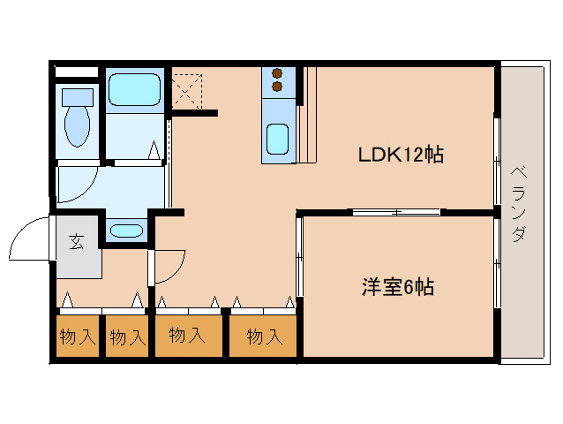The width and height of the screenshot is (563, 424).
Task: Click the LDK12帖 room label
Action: [400, 155]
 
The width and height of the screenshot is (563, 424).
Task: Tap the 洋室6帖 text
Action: [398, 287]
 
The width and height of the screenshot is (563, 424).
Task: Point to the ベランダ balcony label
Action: [520, 205]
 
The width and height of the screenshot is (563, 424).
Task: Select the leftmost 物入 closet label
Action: [77, 337]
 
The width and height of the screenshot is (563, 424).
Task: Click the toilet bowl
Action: [78, 126]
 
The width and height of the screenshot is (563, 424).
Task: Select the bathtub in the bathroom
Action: [133, 89]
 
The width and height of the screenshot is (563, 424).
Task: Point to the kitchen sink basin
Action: [277, 139]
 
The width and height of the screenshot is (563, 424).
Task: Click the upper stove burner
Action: [276, 73]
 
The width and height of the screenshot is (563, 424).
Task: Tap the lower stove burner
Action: [276, 87]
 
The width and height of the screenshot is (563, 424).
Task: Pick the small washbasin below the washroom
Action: [126, 231]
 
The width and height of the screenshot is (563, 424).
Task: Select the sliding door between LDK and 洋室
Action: [394, 212]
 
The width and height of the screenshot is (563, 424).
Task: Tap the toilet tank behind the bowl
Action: [77, 95]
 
